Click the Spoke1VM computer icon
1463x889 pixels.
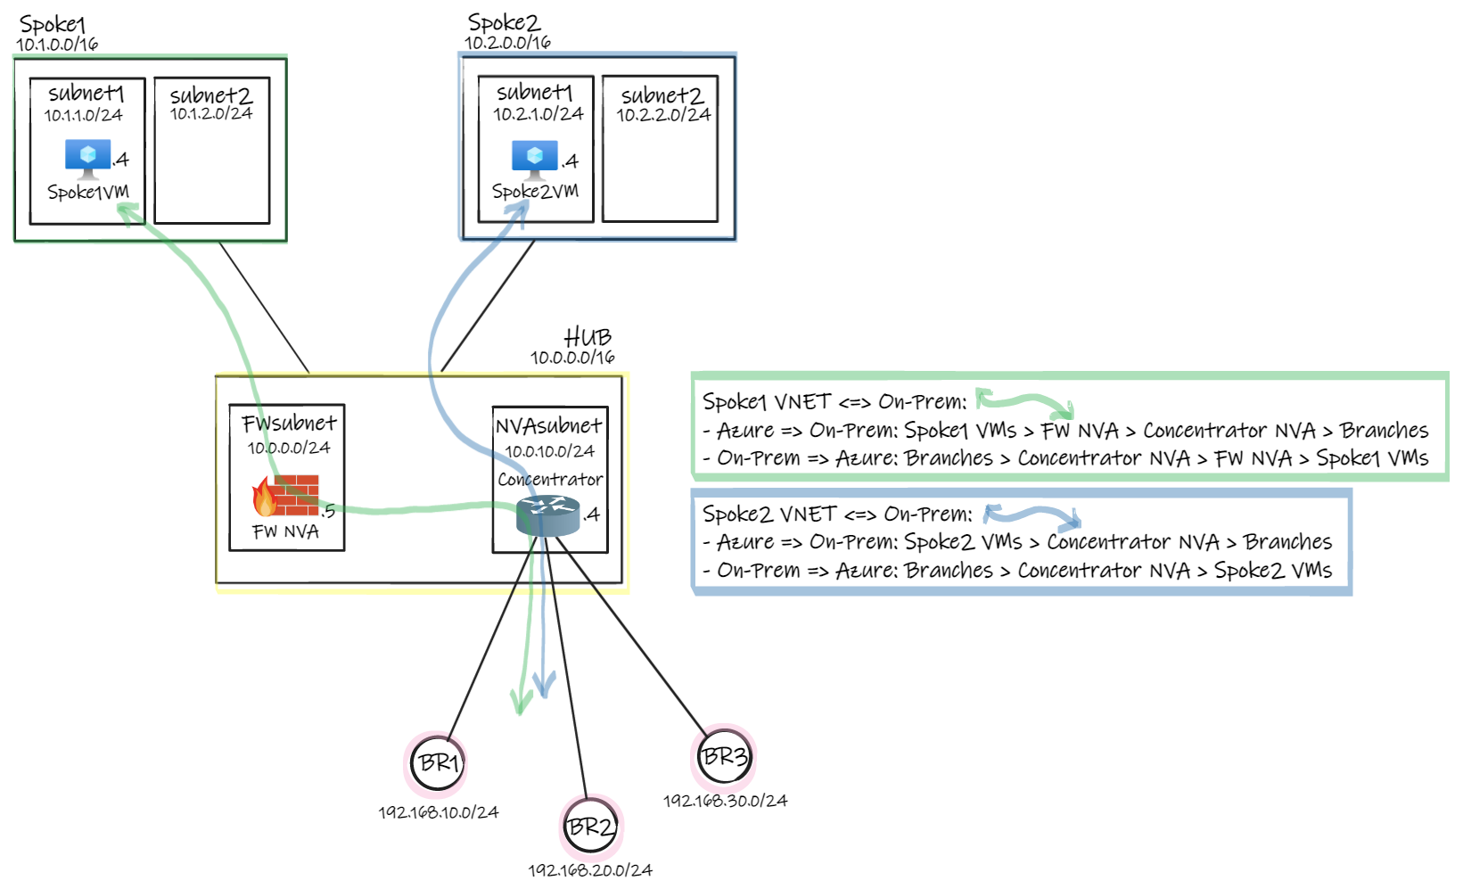87,158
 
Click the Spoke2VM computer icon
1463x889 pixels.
535,159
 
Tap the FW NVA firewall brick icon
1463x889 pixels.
286,496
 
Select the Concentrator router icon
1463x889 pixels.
547,516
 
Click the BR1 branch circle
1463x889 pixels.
438,763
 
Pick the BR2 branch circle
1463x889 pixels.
591,827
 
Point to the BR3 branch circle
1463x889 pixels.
724,757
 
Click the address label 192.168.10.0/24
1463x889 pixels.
438,812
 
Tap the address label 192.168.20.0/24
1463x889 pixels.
590,869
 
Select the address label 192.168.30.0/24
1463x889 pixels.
725,801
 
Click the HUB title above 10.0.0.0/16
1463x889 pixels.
588,337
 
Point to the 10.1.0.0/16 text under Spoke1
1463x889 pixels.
57,44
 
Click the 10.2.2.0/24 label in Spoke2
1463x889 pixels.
663,115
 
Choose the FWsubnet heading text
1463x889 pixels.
289,423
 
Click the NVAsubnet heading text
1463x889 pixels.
548,426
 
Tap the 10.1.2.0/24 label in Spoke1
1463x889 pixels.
211,114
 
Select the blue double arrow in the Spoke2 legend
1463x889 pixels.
1032,515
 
